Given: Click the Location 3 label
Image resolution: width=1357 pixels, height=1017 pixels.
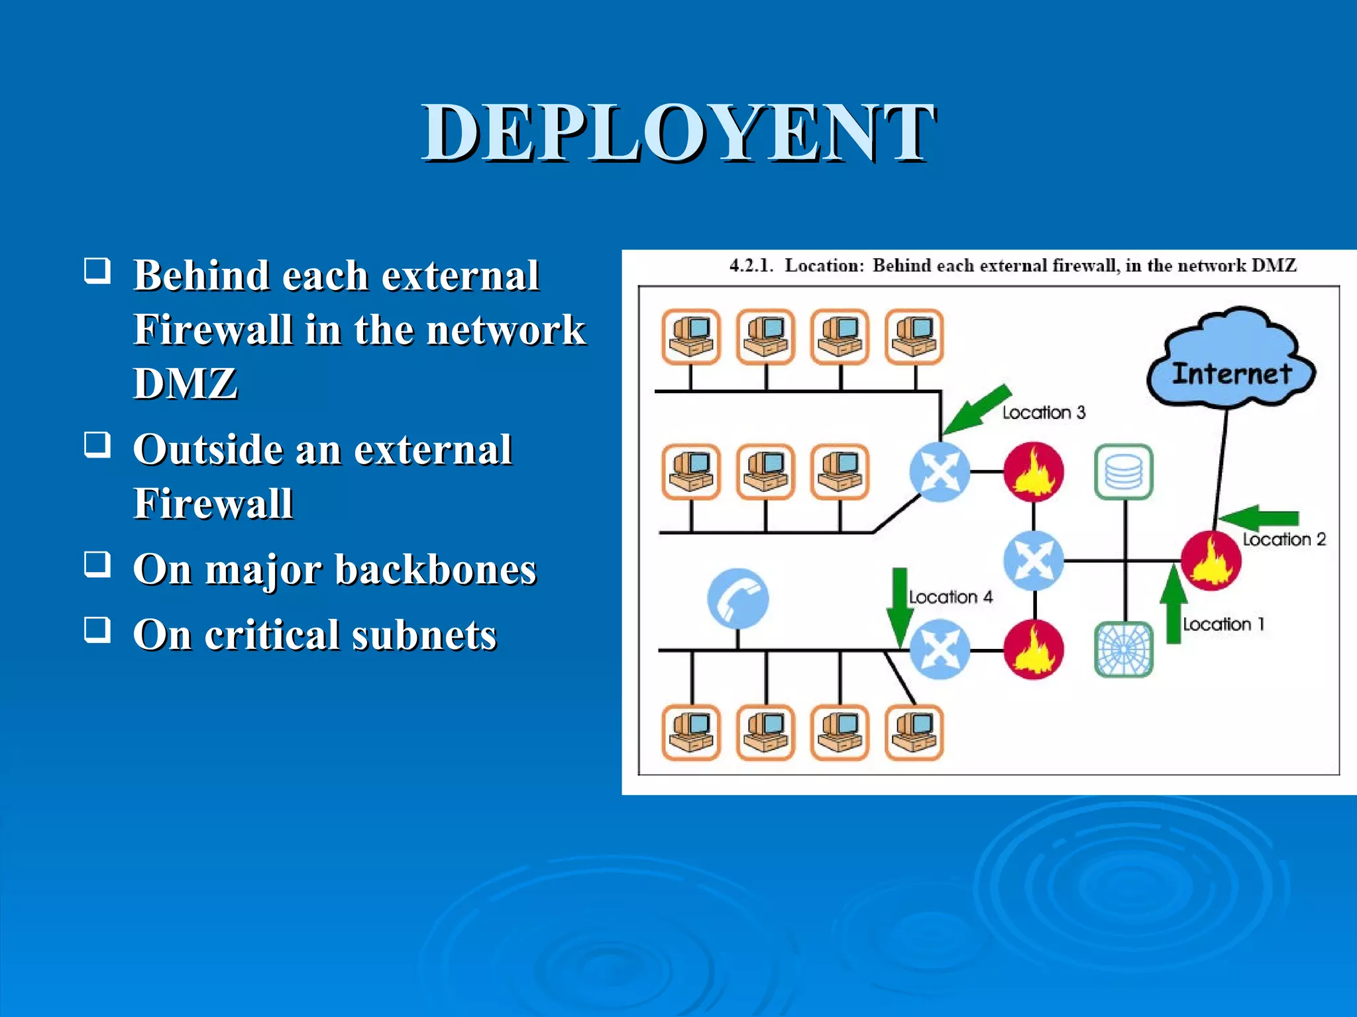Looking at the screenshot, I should pyautogui.click(x=1044, y=412).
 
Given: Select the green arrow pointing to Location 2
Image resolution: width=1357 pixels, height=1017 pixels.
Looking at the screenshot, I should pyautogui.click(x=1258, y=518).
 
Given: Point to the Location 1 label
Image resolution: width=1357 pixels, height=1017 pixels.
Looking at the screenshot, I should pyautogui.click(x=1223, y=624).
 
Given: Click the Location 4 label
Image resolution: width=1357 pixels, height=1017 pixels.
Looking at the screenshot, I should pyautogui.click(x=950, y=597).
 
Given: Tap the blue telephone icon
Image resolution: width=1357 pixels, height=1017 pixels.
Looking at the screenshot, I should pyautogui.click(x=738, y=598).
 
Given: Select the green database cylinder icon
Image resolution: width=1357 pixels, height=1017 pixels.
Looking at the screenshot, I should pyautogui.click(x=1124, y=472).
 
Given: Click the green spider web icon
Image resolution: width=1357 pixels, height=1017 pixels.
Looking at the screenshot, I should pyautogui.click(x=1124, y=650).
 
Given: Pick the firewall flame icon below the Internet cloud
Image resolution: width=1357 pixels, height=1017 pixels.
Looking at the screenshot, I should pyautogui.click(x=1211, y=560).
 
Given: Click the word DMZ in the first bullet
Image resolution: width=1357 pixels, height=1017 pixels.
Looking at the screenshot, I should pyautogui.click(x=185, y=383).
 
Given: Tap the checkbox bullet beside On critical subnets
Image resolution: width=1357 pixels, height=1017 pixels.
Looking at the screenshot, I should pyautogui.click(x=97, y=630).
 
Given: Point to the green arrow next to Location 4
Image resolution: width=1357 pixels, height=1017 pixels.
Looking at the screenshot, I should pyautogui.click(x=899, y=606).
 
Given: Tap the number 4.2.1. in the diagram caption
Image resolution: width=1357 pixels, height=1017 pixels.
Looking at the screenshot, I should pyautogui.click(x=751, y=266).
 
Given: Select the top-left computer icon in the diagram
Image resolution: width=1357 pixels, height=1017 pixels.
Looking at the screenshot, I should pyautogui.click(x=691, y=336).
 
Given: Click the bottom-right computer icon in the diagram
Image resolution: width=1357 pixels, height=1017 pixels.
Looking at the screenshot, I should pyautogui.click(x=914, y=732).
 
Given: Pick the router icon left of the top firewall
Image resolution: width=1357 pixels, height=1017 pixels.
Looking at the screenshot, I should pyautogui.click(x=940, y=471).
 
